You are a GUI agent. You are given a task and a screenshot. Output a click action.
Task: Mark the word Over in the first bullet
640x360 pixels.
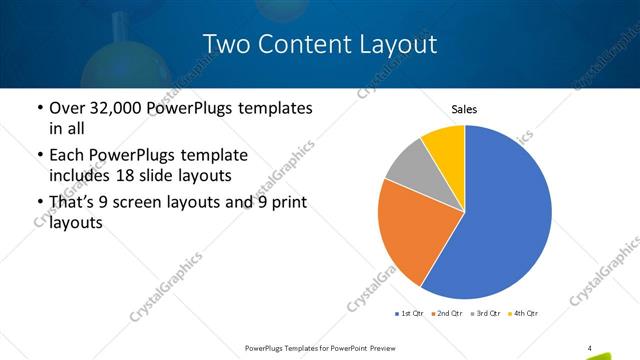68,107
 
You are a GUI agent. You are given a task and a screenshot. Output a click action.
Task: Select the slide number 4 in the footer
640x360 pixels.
590,348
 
